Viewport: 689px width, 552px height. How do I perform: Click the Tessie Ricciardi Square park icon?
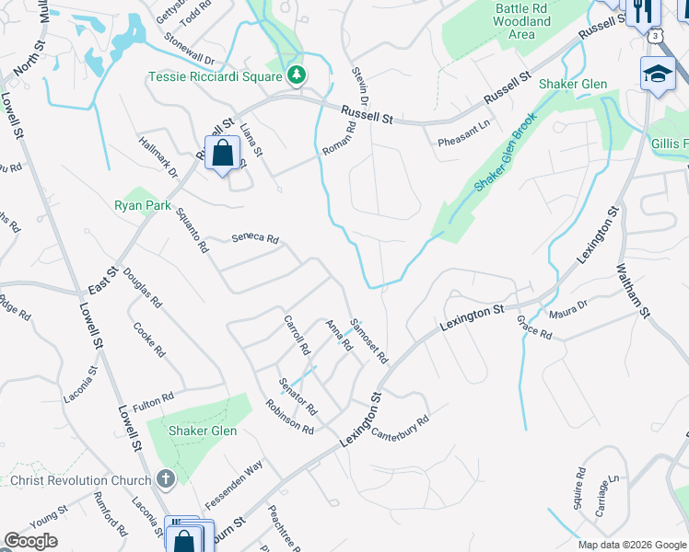point(297,75)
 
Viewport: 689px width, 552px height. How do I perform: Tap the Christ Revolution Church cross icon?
point(166,479)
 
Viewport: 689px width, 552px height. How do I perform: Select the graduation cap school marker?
point(658,75)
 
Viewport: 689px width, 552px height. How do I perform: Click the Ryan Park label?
point(142,205)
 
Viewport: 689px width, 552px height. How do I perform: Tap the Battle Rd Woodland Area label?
point(521,21)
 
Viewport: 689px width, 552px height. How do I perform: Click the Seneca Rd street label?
point(255,238)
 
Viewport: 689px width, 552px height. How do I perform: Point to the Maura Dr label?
point(568,310)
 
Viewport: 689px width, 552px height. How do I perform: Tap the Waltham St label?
point(633,285)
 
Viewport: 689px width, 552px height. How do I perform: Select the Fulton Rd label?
point(153,401)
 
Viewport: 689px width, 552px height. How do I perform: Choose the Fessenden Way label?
point(234,480)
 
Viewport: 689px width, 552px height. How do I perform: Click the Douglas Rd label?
point(142,288)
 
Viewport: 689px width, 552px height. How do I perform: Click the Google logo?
point(31,541)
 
